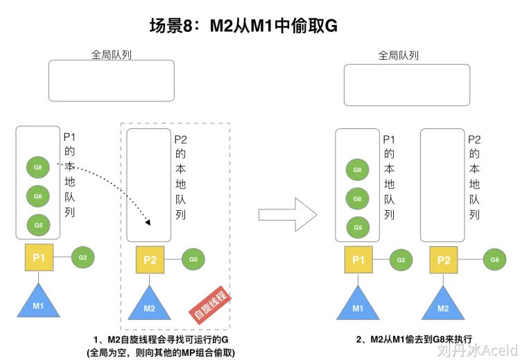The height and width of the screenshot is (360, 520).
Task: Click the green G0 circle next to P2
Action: [193, 260]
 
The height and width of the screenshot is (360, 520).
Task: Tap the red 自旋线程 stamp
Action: [211, 306]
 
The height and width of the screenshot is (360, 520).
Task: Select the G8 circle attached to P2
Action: [494, 260]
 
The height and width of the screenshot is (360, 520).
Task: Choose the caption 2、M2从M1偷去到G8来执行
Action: [414, 339]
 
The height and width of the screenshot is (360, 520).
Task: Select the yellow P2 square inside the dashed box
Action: [150, 260]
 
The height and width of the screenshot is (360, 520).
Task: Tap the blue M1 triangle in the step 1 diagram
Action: [39, 300]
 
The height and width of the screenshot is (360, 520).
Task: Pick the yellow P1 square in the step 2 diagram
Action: [358, 260]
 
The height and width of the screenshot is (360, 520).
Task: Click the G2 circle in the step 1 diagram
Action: [83, 257]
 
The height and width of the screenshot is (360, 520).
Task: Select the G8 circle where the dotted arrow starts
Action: [37, 167]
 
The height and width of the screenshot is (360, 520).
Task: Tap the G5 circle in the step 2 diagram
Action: [357, 227]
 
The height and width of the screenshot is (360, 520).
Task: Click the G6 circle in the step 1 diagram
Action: [37, 196]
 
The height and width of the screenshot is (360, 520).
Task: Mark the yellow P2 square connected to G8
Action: [443, 260]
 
